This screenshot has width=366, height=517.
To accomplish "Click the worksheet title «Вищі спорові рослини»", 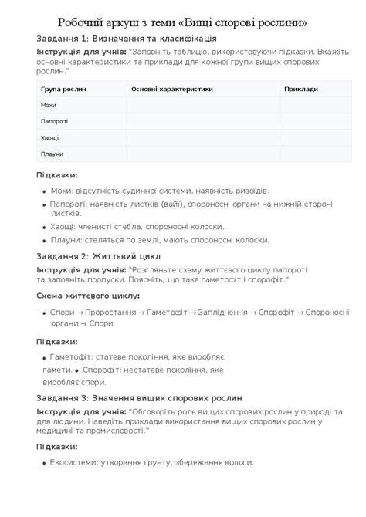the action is [182, 22].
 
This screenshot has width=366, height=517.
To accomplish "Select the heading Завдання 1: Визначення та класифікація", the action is [126, 38].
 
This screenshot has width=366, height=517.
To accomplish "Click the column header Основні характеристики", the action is [171, 89].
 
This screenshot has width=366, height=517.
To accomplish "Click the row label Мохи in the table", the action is [49, 105].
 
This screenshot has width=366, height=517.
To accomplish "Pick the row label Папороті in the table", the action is [54, 121].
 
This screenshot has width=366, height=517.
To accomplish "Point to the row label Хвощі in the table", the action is [49, 137].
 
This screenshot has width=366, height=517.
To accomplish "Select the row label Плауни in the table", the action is [52, 154].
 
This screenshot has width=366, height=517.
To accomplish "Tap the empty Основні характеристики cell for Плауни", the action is [202, 154].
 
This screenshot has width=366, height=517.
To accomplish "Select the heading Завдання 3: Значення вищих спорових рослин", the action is [139, 398].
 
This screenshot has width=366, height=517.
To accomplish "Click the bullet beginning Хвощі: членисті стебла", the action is [137, 227].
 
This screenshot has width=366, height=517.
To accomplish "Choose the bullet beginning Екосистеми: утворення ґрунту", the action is [151, 462].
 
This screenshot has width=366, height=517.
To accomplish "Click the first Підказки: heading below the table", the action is [56, 174].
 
